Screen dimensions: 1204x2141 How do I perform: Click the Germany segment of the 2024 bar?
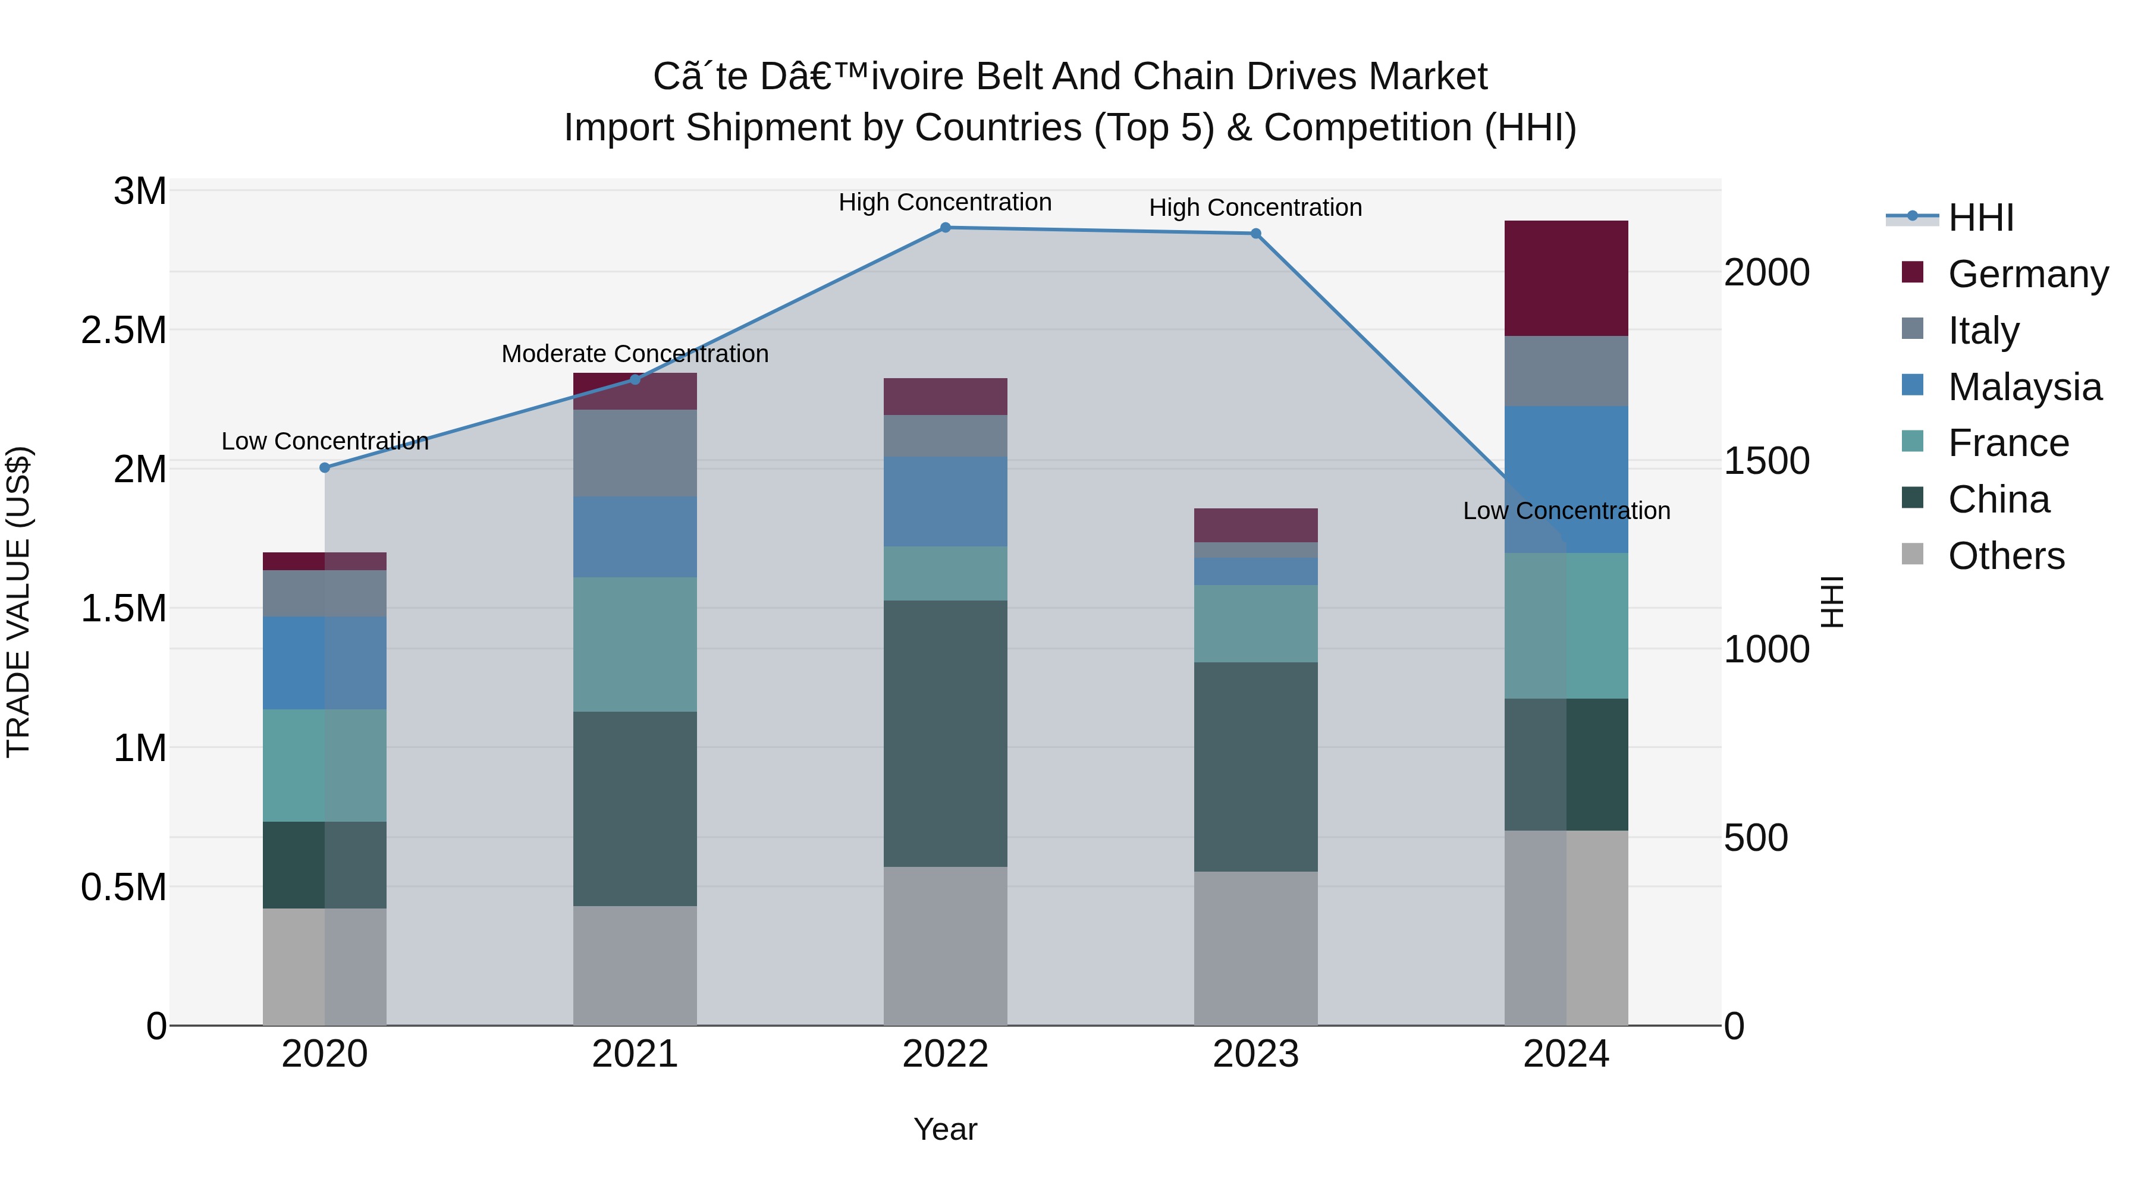point(1566,278)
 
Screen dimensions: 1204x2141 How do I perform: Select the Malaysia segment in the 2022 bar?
point(945,501)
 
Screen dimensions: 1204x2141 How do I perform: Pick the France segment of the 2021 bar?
point(635,644)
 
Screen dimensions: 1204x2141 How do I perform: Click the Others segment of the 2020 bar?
point(324,966)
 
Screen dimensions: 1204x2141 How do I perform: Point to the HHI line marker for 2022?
point(945,228)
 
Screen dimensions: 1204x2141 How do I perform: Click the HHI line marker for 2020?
point(325,468)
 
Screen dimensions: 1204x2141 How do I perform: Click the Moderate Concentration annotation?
point(635,354)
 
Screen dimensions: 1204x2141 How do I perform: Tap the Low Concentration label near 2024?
point(1566,511)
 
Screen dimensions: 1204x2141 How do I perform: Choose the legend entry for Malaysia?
point(2024,387)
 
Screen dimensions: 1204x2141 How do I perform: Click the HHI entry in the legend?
point(1980,218)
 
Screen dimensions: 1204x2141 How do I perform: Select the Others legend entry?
point(2005,556)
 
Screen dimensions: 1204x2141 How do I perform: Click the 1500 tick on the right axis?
point(1766,461)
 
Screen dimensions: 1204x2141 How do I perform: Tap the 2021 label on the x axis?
point(635,1054)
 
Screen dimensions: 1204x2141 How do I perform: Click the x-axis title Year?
point(945,1129)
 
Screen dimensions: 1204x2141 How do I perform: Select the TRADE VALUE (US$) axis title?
point(18,602)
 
